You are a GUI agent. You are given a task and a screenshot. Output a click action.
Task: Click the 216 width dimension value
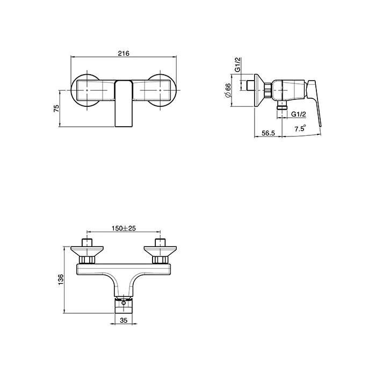(x=124, y=53)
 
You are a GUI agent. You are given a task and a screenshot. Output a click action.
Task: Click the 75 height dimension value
(x=56, y=109)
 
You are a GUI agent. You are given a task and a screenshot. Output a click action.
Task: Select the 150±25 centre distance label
(x=124, y=228)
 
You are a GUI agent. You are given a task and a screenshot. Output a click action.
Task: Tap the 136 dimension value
(x=61, y=279)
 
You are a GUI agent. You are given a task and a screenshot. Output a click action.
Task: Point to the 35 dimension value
(x=124, y=320)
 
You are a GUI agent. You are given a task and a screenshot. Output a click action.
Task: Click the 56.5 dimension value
(x=268, y=133)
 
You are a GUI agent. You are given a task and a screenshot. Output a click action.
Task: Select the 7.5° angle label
(x=300, y=128)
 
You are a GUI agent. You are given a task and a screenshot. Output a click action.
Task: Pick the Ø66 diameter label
(x=228, y=90)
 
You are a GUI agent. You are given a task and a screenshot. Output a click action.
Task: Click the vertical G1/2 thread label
(x=237, y=64)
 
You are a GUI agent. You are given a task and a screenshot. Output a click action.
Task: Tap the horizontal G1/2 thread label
(x=299, y=114)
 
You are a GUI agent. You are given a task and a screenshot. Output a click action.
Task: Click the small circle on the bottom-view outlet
(x=124, y=303)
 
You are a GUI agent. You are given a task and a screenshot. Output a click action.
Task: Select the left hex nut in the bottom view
(x=87, y=259)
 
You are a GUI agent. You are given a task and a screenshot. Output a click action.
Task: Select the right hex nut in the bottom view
(x=160, y=259)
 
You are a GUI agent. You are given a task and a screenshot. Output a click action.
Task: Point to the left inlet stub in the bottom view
(x=87, y=242)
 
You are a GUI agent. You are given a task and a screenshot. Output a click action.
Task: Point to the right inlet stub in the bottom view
(x=160, y=242)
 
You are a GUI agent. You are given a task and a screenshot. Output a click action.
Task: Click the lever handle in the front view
(x=124, y=104)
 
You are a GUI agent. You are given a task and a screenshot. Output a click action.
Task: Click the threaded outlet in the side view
(x=282, y=105)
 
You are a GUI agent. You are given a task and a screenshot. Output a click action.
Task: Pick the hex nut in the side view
(x=268, y=90)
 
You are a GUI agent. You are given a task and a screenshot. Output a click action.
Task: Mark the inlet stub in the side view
(x=250, y=85)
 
